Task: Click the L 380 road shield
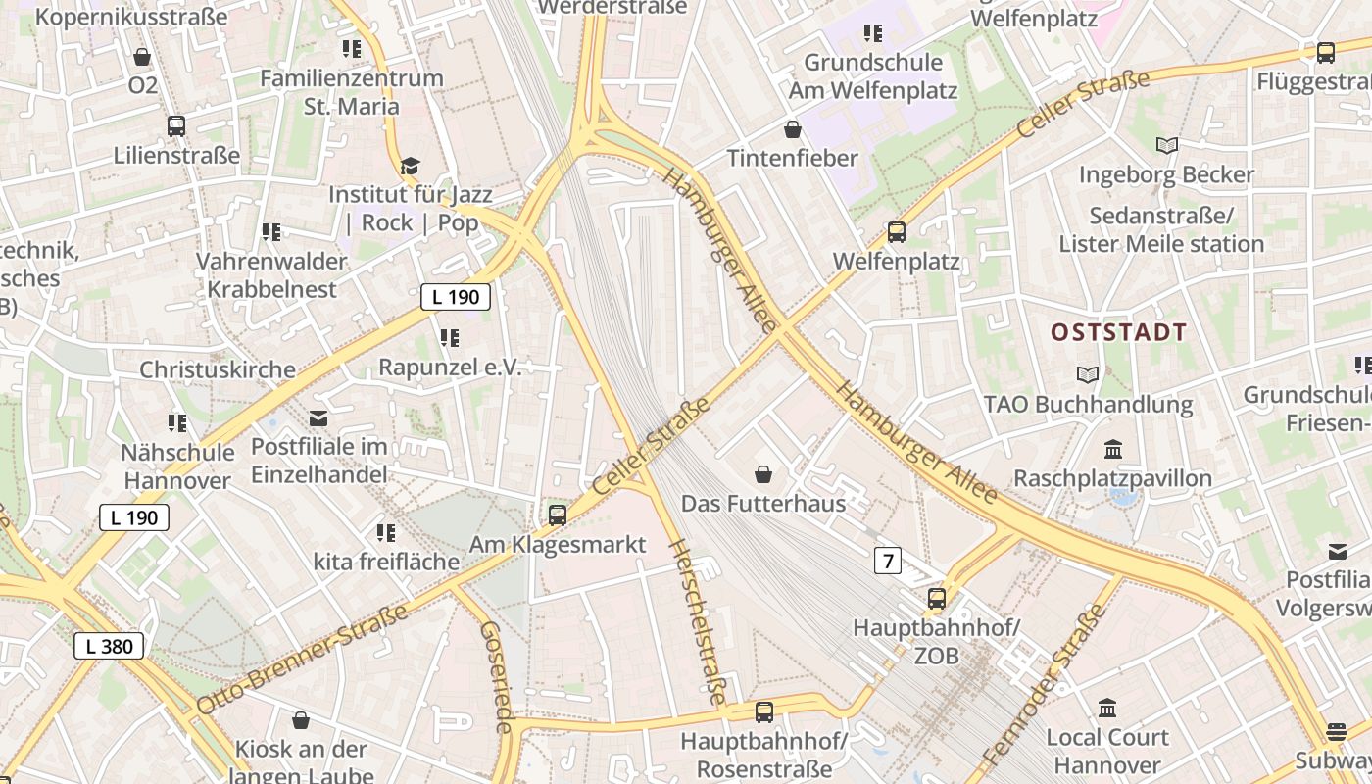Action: (x=110, y=646)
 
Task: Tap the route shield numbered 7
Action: (x=888, y=561)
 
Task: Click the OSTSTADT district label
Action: (x=1118, y=332)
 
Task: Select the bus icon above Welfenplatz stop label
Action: (x=896, y=232)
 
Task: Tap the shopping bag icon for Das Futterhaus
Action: (x=763, y=475)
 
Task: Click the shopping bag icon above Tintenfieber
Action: (x=793, y=129)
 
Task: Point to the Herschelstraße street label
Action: (x=697, y=621)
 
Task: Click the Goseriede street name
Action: (x=497, y=677)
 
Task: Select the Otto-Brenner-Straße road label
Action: (x=302, y=660)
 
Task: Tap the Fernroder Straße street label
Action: (x=1044, y=685)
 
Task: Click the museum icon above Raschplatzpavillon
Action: (x=1112, y=450)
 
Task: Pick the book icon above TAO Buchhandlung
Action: (x=1087, y=374)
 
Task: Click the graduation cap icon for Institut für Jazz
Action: (x=410, y=166)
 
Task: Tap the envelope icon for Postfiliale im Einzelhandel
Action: (x=318, y=418)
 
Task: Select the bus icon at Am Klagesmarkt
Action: (x=558, y=514)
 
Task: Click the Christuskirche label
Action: (x=217, y=369)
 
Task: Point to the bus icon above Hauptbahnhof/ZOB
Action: (x=937, y=598)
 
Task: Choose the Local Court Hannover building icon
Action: (x=1107, y=708)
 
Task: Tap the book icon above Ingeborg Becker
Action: (x=1166, y=146)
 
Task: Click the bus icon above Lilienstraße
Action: (x=176, y=126)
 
